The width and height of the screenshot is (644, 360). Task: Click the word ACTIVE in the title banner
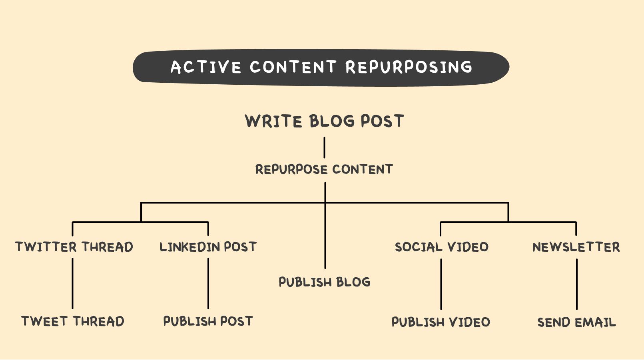click(x=206, y=67)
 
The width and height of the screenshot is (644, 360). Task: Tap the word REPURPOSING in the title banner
click(x=409, y=67)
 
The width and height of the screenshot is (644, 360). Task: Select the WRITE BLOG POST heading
click(x=324, y=121)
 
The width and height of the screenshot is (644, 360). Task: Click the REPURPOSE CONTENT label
click(x=324, y=169)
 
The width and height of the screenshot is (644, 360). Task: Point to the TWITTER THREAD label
click(x=74, y=247)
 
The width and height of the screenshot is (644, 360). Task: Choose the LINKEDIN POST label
click(x=208, y=247)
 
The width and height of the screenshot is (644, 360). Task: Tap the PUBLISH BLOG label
click(x=325, y=282)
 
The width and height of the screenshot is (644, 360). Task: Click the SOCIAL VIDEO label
click(x=442, y=247)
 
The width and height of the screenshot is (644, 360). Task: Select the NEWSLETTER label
click(x=576, y=247)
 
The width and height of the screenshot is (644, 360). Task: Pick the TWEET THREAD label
click(x=73, y=321)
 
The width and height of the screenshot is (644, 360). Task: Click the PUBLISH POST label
click(x=208, y=321)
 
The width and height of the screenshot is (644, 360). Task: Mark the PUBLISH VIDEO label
click(x=441, y=322)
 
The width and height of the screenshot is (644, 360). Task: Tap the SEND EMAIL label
click(x=576, y=322)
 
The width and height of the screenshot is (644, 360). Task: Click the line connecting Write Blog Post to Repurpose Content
click(x=324, y=147)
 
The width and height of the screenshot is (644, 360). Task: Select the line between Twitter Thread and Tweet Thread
click(x=72, y=283)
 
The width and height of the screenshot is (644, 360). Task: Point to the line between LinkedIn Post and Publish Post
click(x=208, y=283)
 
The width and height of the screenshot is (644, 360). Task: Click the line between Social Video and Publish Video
click(x=441, y=284)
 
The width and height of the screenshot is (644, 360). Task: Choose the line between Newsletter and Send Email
click(x=576, y=284)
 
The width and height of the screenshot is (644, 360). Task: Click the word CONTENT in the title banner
click(x=293, y=67)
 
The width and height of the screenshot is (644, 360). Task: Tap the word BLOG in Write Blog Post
click(x=332, y=121)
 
